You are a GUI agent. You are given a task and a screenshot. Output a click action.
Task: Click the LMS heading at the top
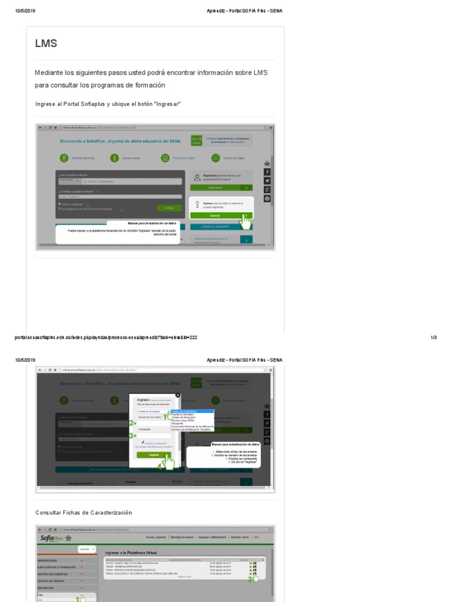click(x=46, y=43)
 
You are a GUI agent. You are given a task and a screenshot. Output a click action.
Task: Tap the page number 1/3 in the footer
click(x=433, y=337)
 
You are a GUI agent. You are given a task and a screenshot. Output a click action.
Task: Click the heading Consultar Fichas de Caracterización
click(x=84, y=513)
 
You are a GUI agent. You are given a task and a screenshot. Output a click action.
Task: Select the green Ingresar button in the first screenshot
click(x=215, y=216)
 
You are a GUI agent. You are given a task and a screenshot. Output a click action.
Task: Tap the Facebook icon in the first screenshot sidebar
click(x=267, y=172)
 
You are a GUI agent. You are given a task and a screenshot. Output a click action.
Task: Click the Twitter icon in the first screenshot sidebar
click(x=267, y=180)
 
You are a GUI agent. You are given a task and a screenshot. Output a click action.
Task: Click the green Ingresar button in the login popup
click(x=154, y=454)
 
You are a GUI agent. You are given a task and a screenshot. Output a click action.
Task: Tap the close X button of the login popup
click(x=178, y=395)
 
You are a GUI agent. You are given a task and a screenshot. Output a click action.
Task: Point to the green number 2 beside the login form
click(x=132, y=423)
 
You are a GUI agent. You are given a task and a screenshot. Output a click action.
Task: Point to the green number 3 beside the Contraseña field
click(x=132, y=436)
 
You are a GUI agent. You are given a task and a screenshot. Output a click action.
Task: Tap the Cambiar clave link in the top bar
click(x=239, y=537)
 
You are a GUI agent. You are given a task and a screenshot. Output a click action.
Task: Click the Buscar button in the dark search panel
click(x=169, y=208)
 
